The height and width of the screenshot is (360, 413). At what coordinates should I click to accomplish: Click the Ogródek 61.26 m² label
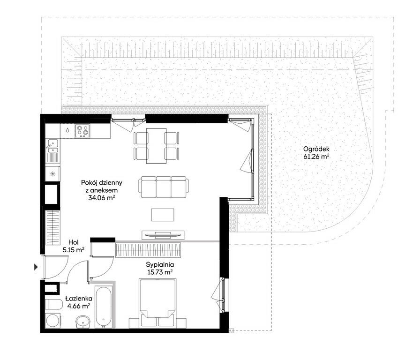click(316, 153)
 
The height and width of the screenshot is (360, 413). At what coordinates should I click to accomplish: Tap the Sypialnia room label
click(160, 269)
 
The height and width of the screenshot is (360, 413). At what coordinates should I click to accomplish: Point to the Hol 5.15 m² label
click(74, 246)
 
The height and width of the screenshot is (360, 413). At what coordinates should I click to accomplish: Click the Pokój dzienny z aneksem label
click(102, 190)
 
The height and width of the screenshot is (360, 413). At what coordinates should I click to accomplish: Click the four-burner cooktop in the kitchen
click(83, 131)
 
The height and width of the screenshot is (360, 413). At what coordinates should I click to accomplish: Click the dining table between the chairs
click(156, 146)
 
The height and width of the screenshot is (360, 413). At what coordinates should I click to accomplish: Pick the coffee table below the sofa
click(163, 215)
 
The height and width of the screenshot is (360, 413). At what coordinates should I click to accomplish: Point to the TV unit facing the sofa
click(163, 235)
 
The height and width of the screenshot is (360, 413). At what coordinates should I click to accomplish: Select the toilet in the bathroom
click(53, 305)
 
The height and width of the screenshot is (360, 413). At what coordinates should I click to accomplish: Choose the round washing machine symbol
click(53, 321)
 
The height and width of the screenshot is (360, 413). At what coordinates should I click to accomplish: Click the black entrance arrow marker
click(37, 267)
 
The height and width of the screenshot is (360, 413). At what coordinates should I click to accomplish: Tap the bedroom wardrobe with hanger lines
click(149, 250)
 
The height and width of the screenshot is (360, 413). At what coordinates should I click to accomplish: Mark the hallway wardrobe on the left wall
click(53, 228)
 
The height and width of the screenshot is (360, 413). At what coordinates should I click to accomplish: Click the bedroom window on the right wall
click(223, 294)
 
